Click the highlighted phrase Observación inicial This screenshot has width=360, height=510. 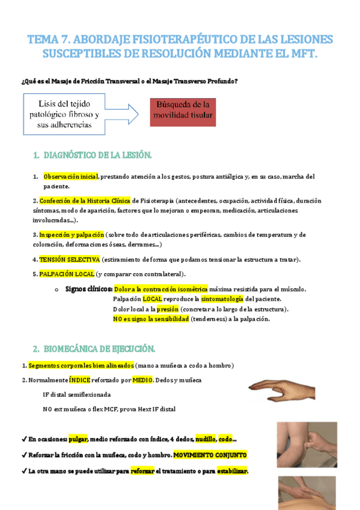(x=70, y=177)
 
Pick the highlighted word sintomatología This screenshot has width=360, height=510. (x=222, y=299)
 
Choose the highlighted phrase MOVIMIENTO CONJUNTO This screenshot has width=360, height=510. (x=210, y=455)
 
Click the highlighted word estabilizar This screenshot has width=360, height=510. (x=232, y=471)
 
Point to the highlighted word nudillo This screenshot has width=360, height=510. (x=206, y=439)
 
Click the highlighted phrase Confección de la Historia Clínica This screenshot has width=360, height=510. (x=85, y=201)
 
